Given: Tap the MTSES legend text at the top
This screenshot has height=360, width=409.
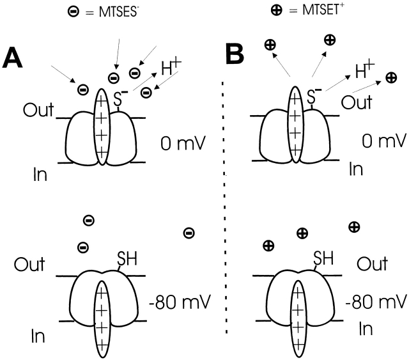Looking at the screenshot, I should coord(120,12).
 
